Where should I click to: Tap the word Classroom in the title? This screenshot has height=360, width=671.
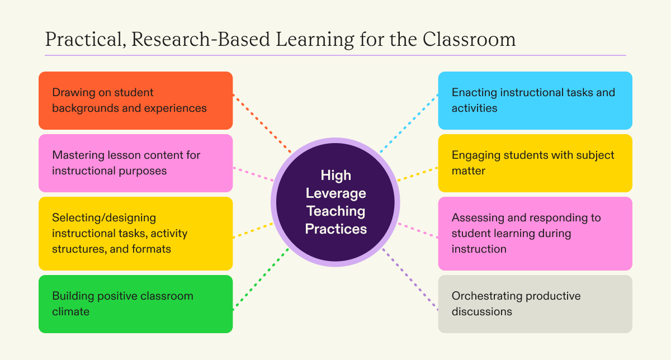click(x=469, y=39)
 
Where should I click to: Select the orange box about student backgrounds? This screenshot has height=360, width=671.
click(x=136, y=101)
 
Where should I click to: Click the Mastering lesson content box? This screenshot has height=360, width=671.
click(x=136, y=163)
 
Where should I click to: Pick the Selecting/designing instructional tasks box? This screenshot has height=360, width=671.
click(x=136, y=234)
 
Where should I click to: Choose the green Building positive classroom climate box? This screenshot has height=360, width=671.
click(x=136, y=304)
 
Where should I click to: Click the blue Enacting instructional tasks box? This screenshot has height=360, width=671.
click(x=535, y=101)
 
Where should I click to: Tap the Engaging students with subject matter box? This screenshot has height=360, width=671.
click(x=535, y=163)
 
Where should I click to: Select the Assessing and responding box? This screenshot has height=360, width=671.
click(x=535, y=234)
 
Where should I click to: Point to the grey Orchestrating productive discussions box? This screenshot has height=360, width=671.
click(x=535, y=304)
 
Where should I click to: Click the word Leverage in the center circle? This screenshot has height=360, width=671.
click(x=336, y=193)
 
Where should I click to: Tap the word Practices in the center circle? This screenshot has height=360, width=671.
click(x=336, y=229)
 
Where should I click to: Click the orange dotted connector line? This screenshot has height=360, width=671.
click(x=262, y=124)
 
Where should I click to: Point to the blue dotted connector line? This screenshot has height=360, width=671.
click(x=409, y=124)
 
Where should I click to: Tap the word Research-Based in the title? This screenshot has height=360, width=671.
click(x=201, y=39)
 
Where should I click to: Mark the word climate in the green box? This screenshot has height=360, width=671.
click(x=70, y=312)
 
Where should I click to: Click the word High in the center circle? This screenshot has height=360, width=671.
click(x=336, y=176)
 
